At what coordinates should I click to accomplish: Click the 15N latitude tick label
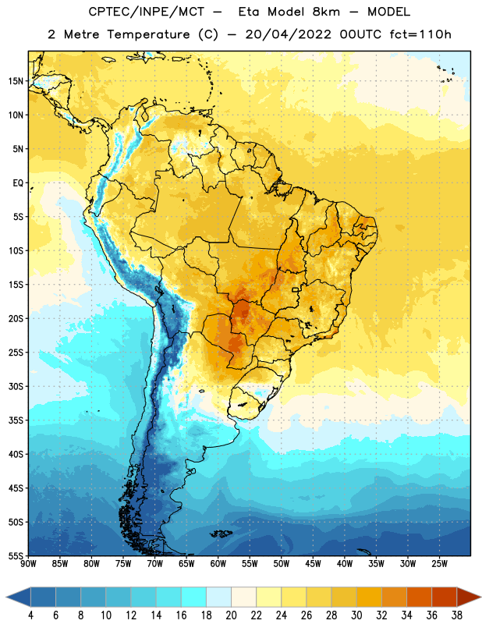point(16,81)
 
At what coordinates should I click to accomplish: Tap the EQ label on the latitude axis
point(18,183)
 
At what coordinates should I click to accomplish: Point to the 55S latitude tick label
point(16,555)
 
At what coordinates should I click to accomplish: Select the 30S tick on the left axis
point(16,386)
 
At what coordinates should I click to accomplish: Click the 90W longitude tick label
point(28,564)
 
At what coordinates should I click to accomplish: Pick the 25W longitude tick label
point(439,564)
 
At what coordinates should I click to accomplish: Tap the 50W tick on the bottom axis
point(282,564)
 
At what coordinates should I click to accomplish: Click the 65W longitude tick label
point(186,564)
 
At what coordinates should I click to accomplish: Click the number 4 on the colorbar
point(30,615)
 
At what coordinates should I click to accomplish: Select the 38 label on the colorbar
point(457,615)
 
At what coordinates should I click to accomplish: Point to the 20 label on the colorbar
point(231,615)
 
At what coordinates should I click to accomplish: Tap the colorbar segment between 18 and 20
point(218,597)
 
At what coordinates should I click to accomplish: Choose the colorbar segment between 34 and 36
point(419,597)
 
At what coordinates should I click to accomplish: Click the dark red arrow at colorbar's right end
point(468,597)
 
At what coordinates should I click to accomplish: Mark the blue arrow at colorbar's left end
point(19,597)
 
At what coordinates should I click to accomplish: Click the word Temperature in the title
point(148,34)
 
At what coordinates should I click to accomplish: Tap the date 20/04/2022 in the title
point(288,34)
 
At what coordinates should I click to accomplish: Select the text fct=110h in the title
point(420,34)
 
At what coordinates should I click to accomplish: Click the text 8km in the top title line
point(326,12)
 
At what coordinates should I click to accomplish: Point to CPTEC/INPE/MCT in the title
point(147,12)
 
